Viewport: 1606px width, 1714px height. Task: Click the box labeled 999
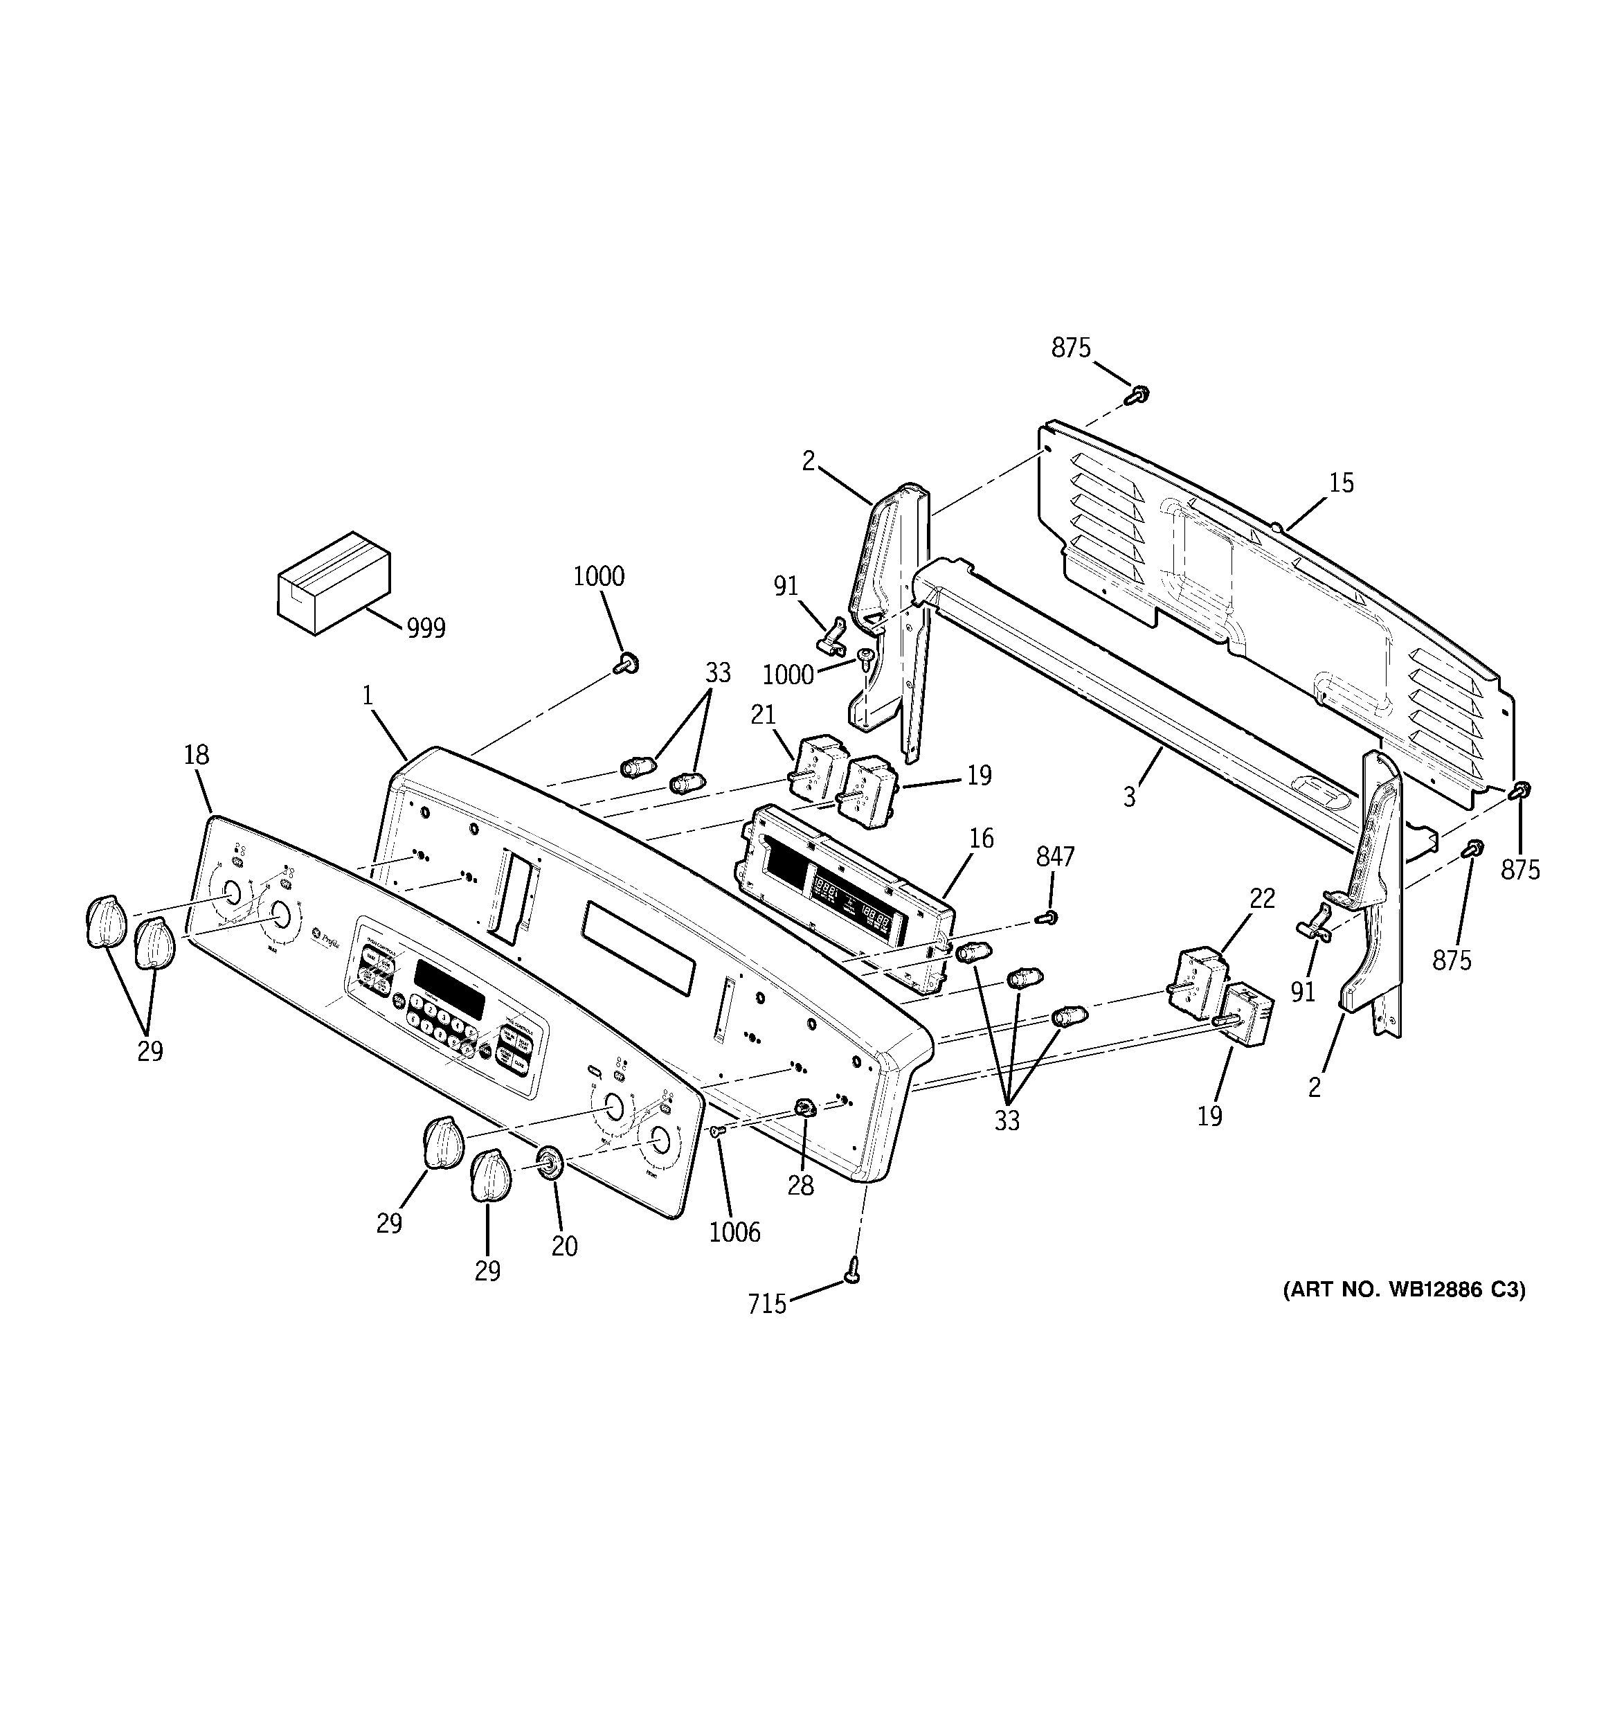pos(333,583)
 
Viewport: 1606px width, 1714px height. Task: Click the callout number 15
pos(1340,483)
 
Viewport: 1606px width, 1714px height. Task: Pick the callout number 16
pos(981,838)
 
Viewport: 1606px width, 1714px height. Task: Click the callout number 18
pos(197,756)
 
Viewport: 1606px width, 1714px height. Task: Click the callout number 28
pos(800,1186)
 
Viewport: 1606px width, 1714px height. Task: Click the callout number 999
pos(426,629)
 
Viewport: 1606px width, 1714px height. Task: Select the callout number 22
pos(1262,898)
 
